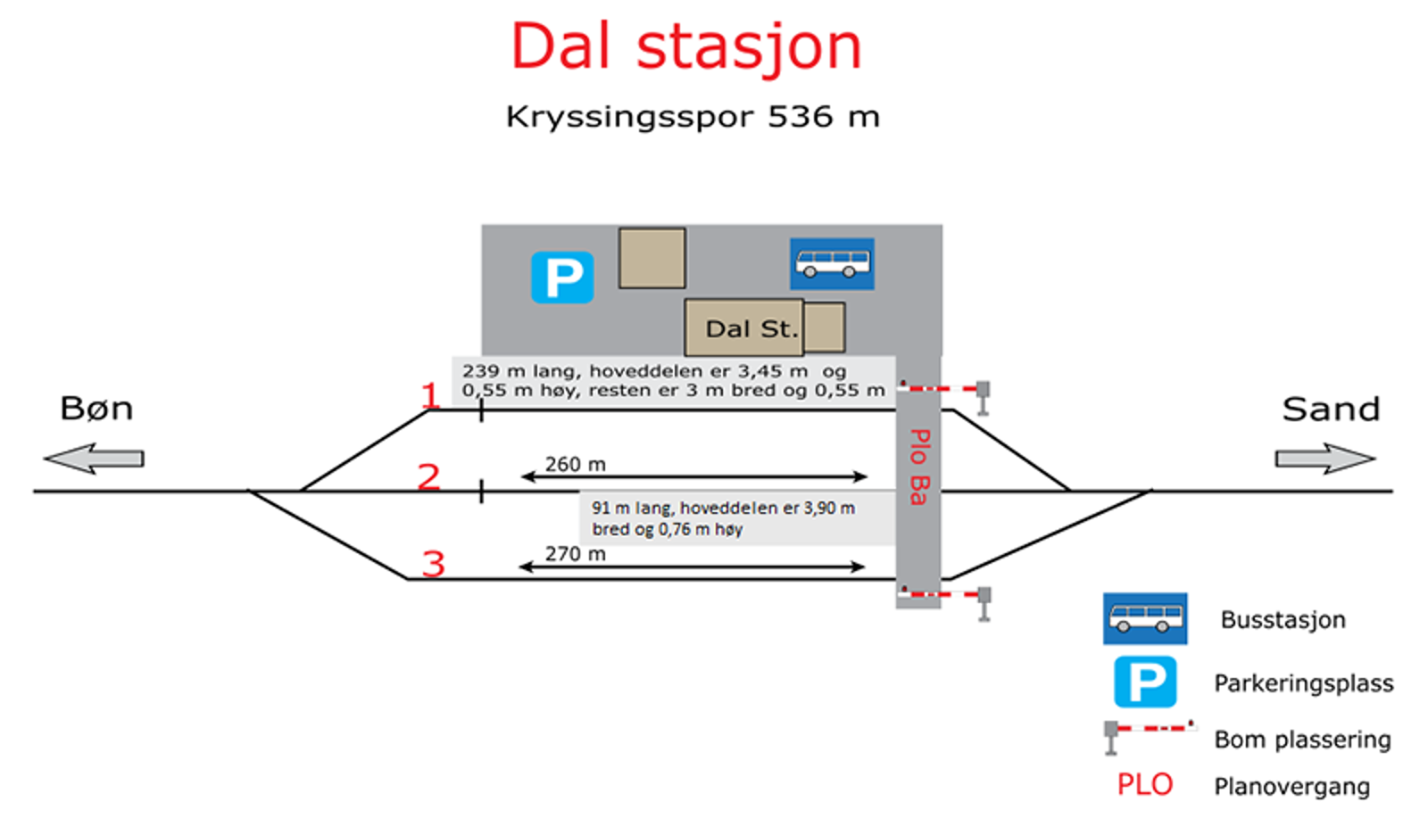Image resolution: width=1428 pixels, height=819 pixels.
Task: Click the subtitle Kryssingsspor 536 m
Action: click(x=693, y=117)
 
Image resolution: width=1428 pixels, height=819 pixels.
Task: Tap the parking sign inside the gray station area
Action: click(x=562, y=277)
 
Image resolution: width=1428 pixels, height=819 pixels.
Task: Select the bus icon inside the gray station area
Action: click(x=832, y=264)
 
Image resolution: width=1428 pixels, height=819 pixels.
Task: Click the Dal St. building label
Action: click(x=751, y=329)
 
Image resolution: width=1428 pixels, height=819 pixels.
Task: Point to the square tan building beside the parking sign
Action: click(x=652, y=258)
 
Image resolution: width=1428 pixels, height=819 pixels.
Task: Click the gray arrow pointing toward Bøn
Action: click(x=94, y=459)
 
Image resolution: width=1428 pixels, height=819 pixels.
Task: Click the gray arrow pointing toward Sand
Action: click(x=1325, y=459)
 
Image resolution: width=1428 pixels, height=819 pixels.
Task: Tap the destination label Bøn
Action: click(x=97, y=409)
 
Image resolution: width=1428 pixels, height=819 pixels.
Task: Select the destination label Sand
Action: click(x=1331, y=409)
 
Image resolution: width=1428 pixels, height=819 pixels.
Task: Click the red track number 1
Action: click(x=430, y=395)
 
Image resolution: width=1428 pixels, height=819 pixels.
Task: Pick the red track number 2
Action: click(x=429, y=476)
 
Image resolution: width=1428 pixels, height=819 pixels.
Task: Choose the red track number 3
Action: click(x=434, y=564)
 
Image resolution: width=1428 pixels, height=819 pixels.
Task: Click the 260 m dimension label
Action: click(x=575, y=465)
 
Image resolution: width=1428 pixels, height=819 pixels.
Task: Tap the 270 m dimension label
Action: click(x=575, y=554)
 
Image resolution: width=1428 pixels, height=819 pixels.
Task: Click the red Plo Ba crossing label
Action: click(x=919, y=467)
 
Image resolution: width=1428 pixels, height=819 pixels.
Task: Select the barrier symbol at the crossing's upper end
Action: click(x=944, y=395)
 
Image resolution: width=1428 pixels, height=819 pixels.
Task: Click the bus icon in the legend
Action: click(x=1145, y=618)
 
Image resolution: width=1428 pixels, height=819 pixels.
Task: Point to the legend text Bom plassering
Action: click(x=1302, y=740)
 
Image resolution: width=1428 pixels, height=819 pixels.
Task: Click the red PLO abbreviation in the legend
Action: click(x=1145, y=784)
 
